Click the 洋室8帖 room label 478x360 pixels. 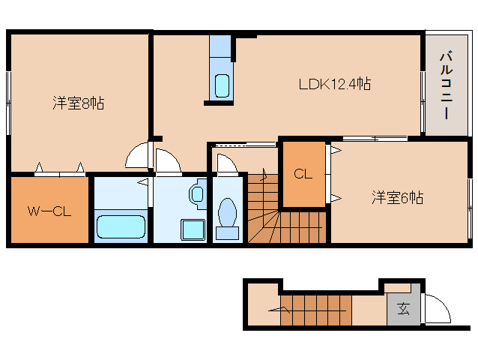[78, 103]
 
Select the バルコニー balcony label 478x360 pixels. [445, 85]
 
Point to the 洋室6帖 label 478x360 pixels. [398, 198]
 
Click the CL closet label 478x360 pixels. [303, 175]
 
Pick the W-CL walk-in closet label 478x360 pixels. [49, 211]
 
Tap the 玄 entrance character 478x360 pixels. [403, 308]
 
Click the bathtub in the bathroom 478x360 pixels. [120, 226]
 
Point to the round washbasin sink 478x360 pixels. [197, 195]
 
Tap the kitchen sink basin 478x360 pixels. [222, 85]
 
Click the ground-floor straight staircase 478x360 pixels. [315, 310]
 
